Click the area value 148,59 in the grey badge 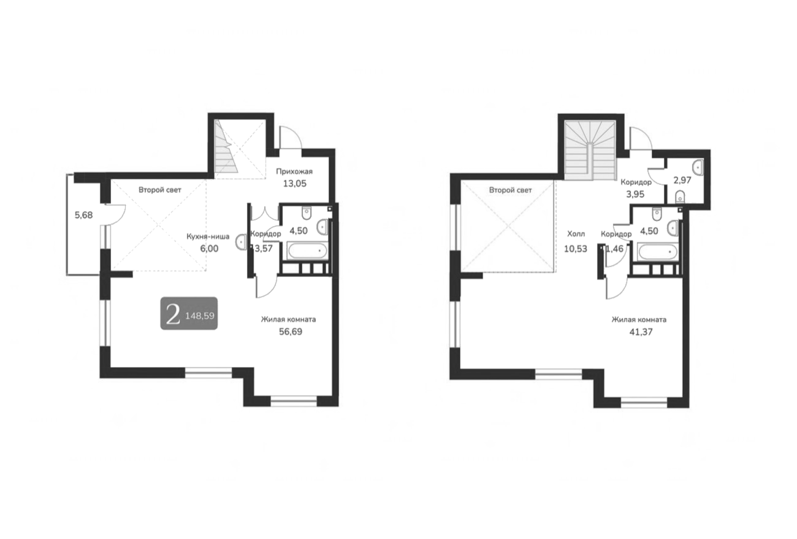200,316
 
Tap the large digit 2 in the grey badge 173,314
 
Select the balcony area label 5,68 84,215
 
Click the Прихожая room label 294,172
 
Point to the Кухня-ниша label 208,236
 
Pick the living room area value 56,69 290,332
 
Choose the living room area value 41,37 641,332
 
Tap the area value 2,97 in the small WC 682,180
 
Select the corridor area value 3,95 635,194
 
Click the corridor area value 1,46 615,249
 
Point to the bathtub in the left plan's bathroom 307,251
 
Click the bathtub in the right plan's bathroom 658,252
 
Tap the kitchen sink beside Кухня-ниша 241,242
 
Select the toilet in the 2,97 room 681,196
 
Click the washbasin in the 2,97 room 698,167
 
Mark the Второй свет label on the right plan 510,190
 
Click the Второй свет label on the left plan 160,190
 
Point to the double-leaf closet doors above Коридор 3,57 265,213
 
